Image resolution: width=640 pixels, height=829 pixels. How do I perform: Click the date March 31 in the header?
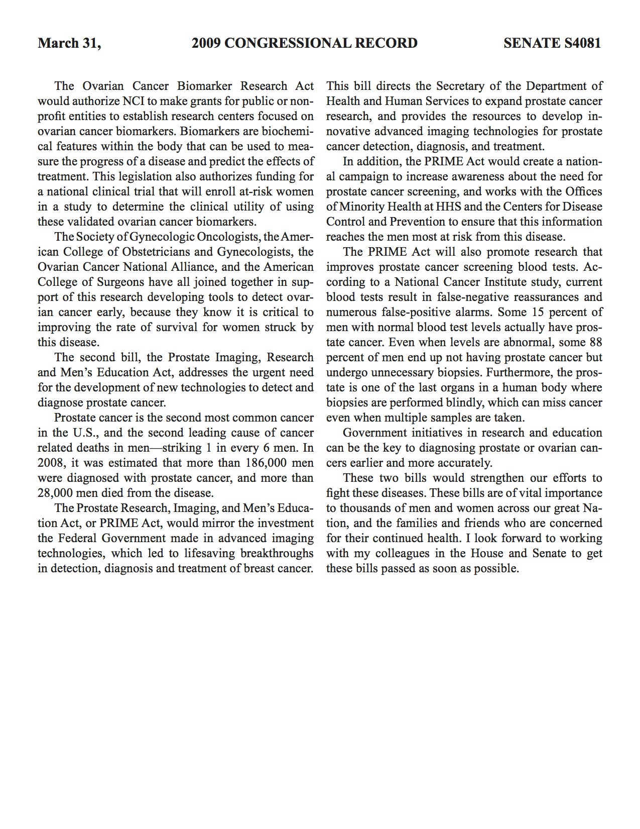(69, 43)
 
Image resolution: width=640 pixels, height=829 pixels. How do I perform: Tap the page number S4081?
(582, 43)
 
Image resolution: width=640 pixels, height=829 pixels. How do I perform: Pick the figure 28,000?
(55, 493)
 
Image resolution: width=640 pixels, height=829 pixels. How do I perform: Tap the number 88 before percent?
(595, 342)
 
